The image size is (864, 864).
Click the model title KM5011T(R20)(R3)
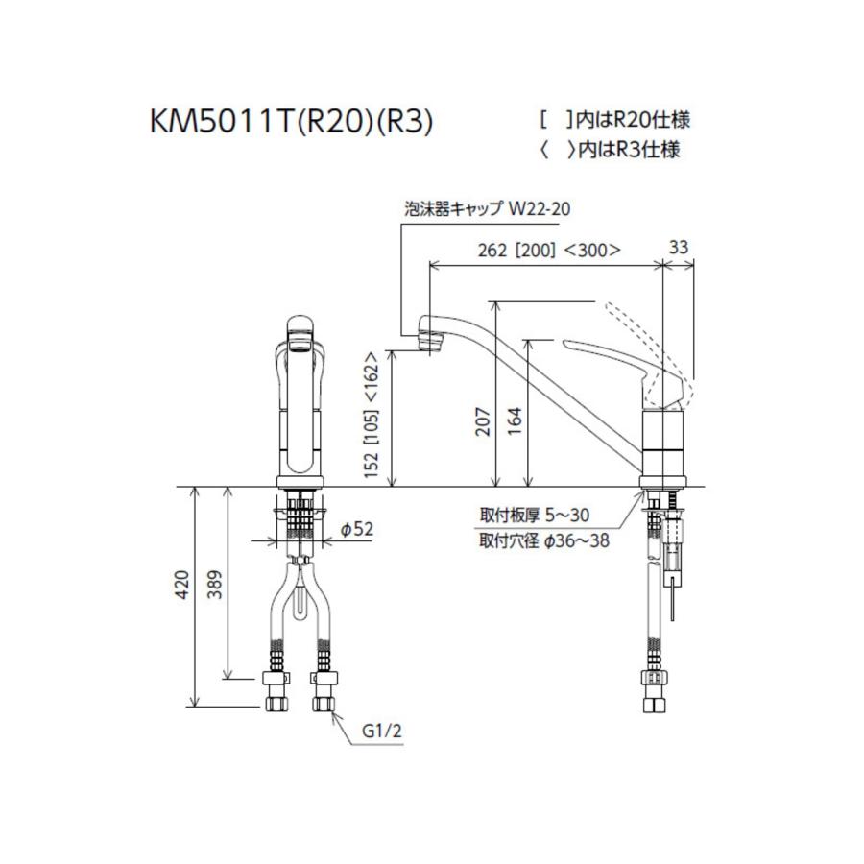(x=290, y=123)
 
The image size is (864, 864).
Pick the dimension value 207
(x=483, y=419)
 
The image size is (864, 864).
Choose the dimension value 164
(x=518, y=419)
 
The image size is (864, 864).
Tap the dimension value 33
(x=678, y=248)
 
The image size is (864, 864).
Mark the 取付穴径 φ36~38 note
(x=543, y=540)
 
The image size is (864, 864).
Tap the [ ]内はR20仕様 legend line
(x=614, y=120)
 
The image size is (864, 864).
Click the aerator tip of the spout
(x=428, y=339)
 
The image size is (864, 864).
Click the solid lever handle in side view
(x=614, y=357)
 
